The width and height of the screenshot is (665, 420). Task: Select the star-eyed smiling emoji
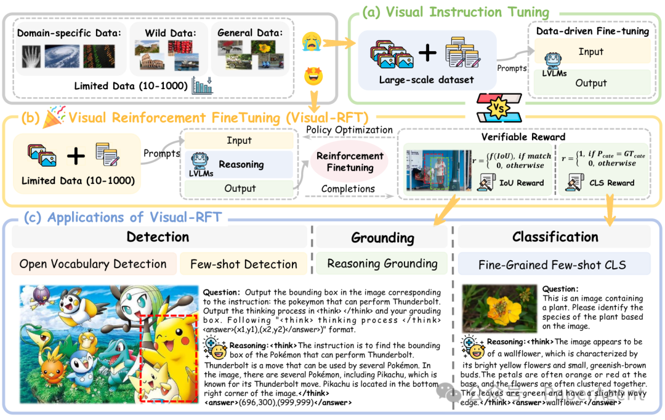tap(313, 76)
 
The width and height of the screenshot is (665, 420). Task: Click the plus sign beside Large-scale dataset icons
tap(426, 53)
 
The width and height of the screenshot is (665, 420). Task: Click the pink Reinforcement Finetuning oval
tap(350, 162)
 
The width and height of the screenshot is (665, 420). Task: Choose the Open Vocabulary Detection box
tap(94, 264)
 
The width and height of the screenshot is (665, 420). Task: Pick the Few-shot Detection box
tap(244, 264)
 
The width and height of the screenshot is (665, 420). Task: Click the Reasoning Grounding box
tap(382, 264)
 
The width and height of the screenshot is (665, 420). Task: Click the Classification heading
tap(555, 237)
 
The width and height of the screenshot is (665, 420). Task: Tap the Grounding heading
tap(382, 238)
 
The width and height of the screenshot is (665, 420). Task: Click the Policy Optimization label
tap(349, 130)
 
